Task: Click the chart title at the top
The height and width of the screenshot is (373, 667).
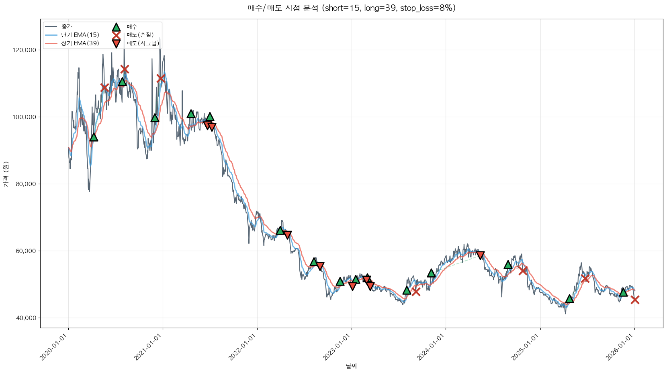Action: coord(351,8)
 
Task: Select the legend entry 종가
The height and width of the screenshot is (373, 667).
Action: coord(67,26)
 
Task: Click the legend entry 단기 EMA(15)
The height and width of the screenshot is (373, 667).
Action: coord(80,35)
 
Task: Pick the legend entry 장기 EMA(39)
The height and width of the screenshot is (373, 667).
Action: coord(80,43)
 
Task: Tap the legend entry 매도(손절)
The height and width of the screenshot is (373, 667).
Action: coord(140,35)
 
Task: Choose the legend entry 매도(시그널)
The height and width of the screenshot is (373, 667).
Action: coord(143,43)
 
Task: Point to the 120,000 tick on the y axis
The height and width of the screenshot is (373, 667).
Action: coord(25,50)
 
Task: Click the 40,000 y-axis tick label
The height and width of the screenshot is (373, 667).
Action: coord(26,318)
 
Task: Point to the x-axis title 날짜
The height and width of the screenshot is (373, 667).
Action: coord(351,366)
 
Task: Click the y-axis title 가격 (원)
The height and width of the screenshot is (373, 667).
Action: coord(6,174)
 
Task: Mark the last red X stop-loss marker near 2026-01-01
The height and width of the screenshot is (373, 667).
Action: coord(635,300)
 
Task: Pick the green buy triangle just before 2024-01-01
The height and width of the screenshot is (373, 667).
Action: coord(431,273)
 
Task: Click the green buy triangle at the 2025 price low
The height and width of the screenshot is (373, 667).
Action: coord(569,299)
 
